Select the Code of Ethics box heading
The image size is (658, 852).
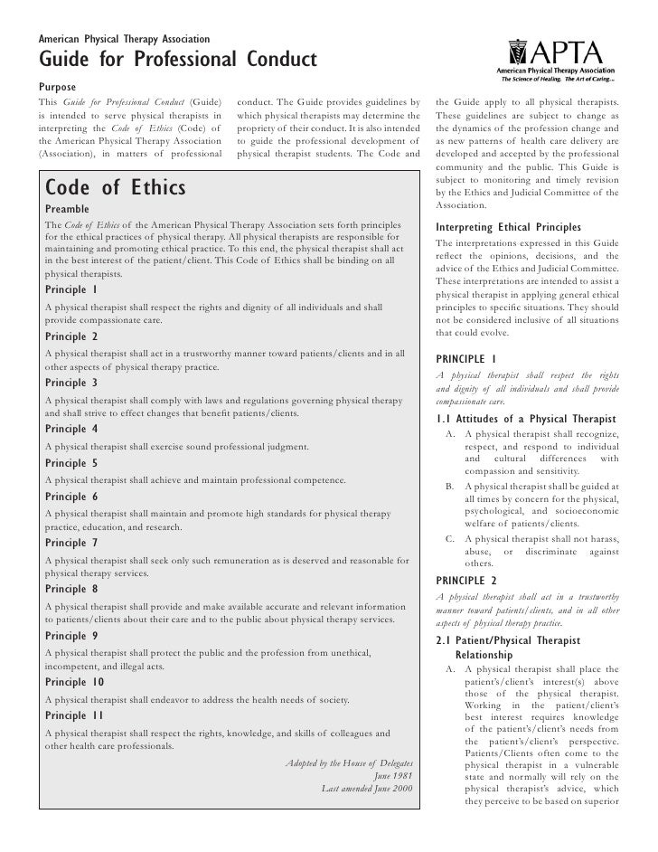(x=115, y=188)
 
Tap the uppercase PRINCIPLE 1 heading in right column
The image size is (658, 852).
(x=472, y=359)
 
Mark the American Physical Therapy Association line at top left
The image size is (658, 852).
(x=124, y=40)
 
